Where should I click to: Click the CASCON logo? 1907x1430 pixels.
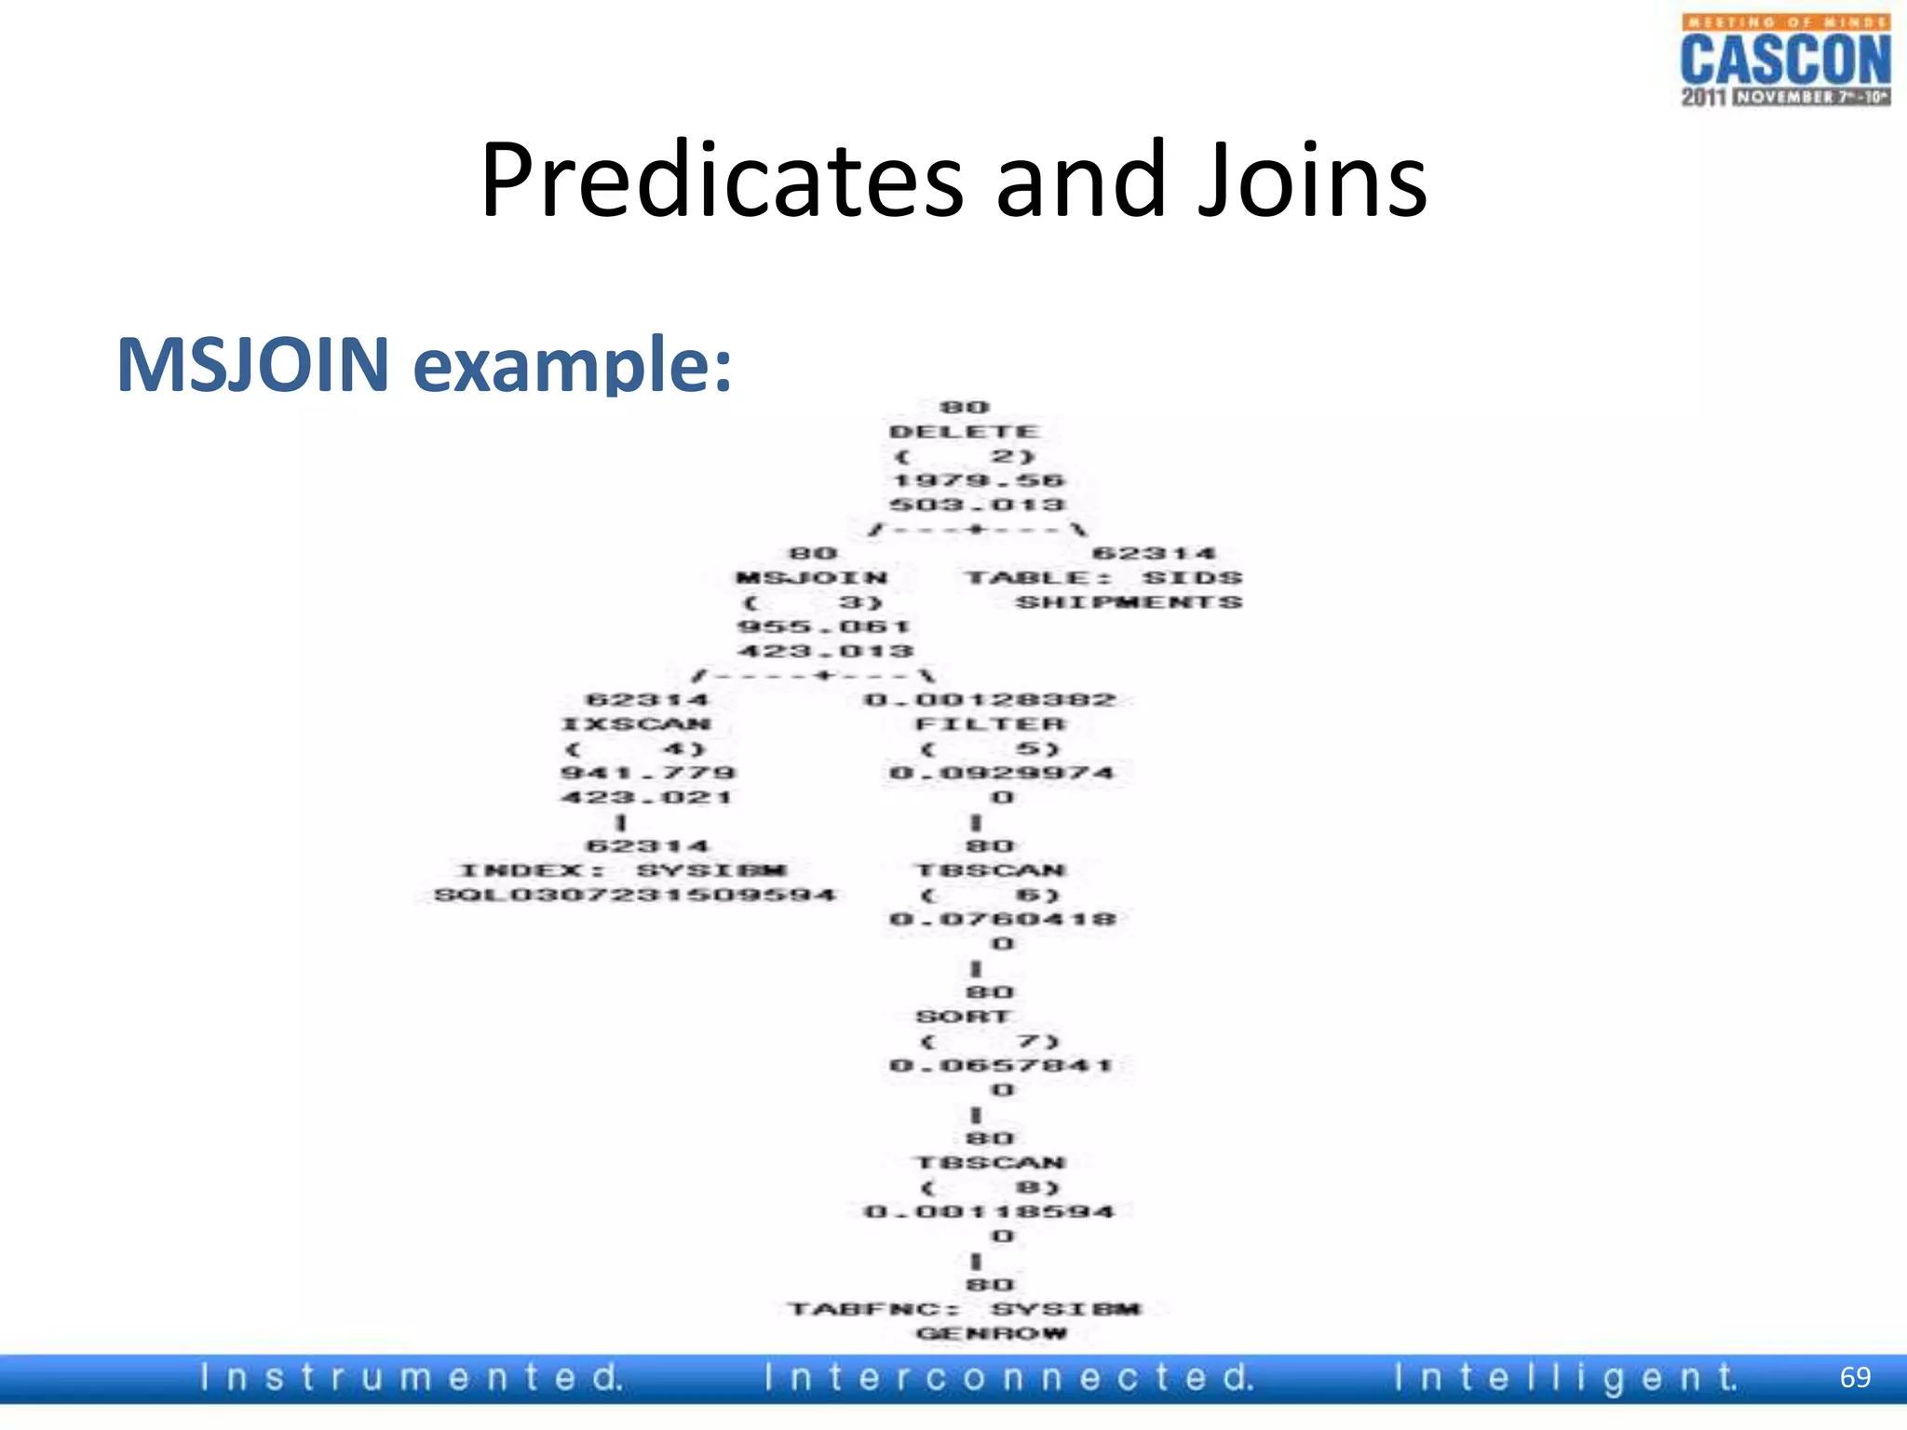[1785, 61]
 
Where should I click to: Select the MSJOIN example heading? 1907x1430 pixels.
[424, 364]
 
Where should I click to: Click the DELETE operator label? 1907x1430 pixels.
[964, 432]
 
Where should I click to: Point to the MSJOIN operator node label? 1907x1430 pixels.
[812, 578]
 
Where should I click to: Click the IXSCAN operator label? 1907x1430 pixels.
[637, 724]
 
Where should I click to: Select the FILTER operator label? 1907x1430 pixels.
[990, 724]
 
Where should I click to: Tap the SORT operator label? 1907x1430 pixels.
[963, 1017]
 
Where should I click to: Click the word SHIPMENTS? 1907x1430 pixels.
[1129, 602]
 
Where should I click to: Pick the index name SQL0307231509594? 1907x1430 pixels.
[635, 896]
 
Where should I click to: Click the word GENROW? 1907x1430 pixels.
[991, 1333]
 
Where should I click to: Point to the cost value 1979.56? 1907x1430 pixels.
[978, 480]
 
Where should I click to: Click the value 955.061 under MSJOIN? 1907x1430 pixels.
[824, 627]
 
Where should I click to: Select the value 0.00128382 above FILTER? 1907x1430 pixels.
[990, 700]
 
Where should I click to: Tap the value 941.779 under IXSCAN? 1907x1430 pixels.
[648, 773]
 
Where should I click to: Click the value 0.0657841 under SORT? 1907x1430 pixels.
[1001, 1065]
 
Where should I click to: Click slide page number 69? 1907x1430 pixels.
[1855, 1377]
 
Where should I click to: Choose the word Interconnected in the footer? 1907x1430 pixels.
[1009, 1378]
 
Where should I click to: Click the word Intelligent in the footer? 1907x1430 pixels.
[1565, 1378]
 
